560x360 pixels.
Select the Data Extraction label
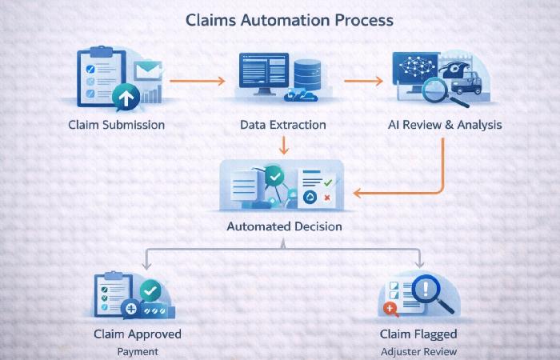(x=282, y=125)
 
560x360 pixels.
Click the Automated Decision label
(x=284, y=226)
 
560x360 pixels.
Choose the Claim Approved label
(x=137, y=334)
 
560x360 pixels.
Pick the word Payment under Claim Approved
(x=137, y=351)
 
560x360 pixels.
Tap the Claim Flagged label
(x=419, y=334)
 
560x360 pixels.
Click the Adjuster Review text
(x=419, y=351)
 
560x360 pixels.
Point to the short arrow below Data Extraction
(x=282, y=145)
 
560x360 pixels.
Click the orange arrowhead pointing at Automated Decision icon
(x=359, y=192)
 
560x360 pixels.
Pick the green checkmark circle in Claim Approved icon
(x=150, y=290)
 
